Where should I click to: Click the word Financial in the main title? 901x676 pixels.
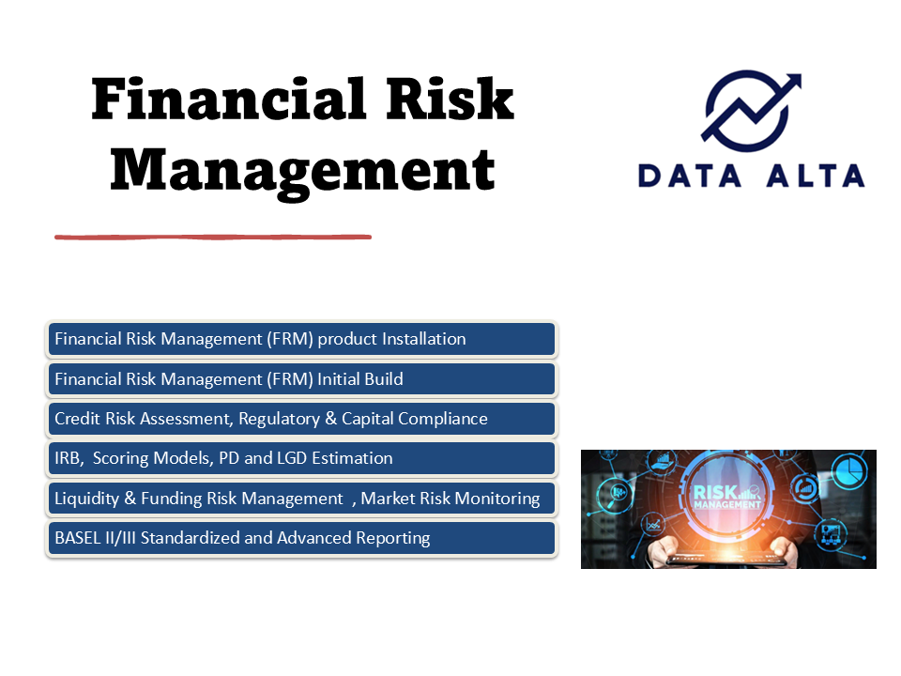click(228, 99)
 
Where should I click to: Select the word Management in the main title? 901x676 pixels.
click(302, 171)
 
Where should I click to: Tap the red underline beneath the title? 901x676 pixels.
click(213, 237)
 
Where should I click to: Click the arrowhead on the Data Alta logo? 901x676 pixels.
click(790, 84)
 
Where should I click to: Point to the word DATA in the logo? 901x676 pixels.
click(690, 176)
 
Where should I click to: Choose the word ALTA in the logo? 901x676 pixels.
click(816, 176)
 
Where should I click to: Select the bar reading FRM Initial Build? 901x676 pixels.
click(301, 378)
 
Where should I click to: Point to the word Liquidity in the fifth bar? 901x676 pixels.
click(87, 499)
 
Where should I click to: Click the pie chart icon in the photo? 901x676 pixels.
click(848, 469)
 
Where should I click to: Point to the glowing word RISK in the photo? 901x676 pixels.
click(715, 493)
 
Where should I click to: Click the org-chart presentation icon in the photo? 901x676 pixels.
click(832, 533)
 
